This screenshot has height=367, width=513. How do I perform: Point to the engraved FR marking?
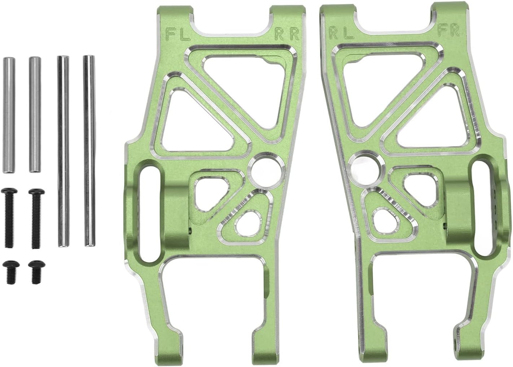(x=446, y=31)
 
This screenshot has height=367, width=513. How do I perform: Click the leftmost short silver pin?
(x=9, y=115)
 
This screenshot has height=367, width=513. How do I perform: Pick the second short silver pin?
(x=35, y=114)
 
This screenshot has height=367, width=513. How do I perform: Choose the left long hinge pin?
(x=63, y=151)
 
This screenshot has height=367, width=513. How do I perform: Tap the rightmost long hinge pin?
(x=89, y=151)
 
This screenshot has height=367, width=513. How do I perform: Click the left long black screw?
(x=9, y=218)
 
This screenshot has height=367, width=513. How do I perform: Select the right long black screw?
(x=37, y=218)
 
